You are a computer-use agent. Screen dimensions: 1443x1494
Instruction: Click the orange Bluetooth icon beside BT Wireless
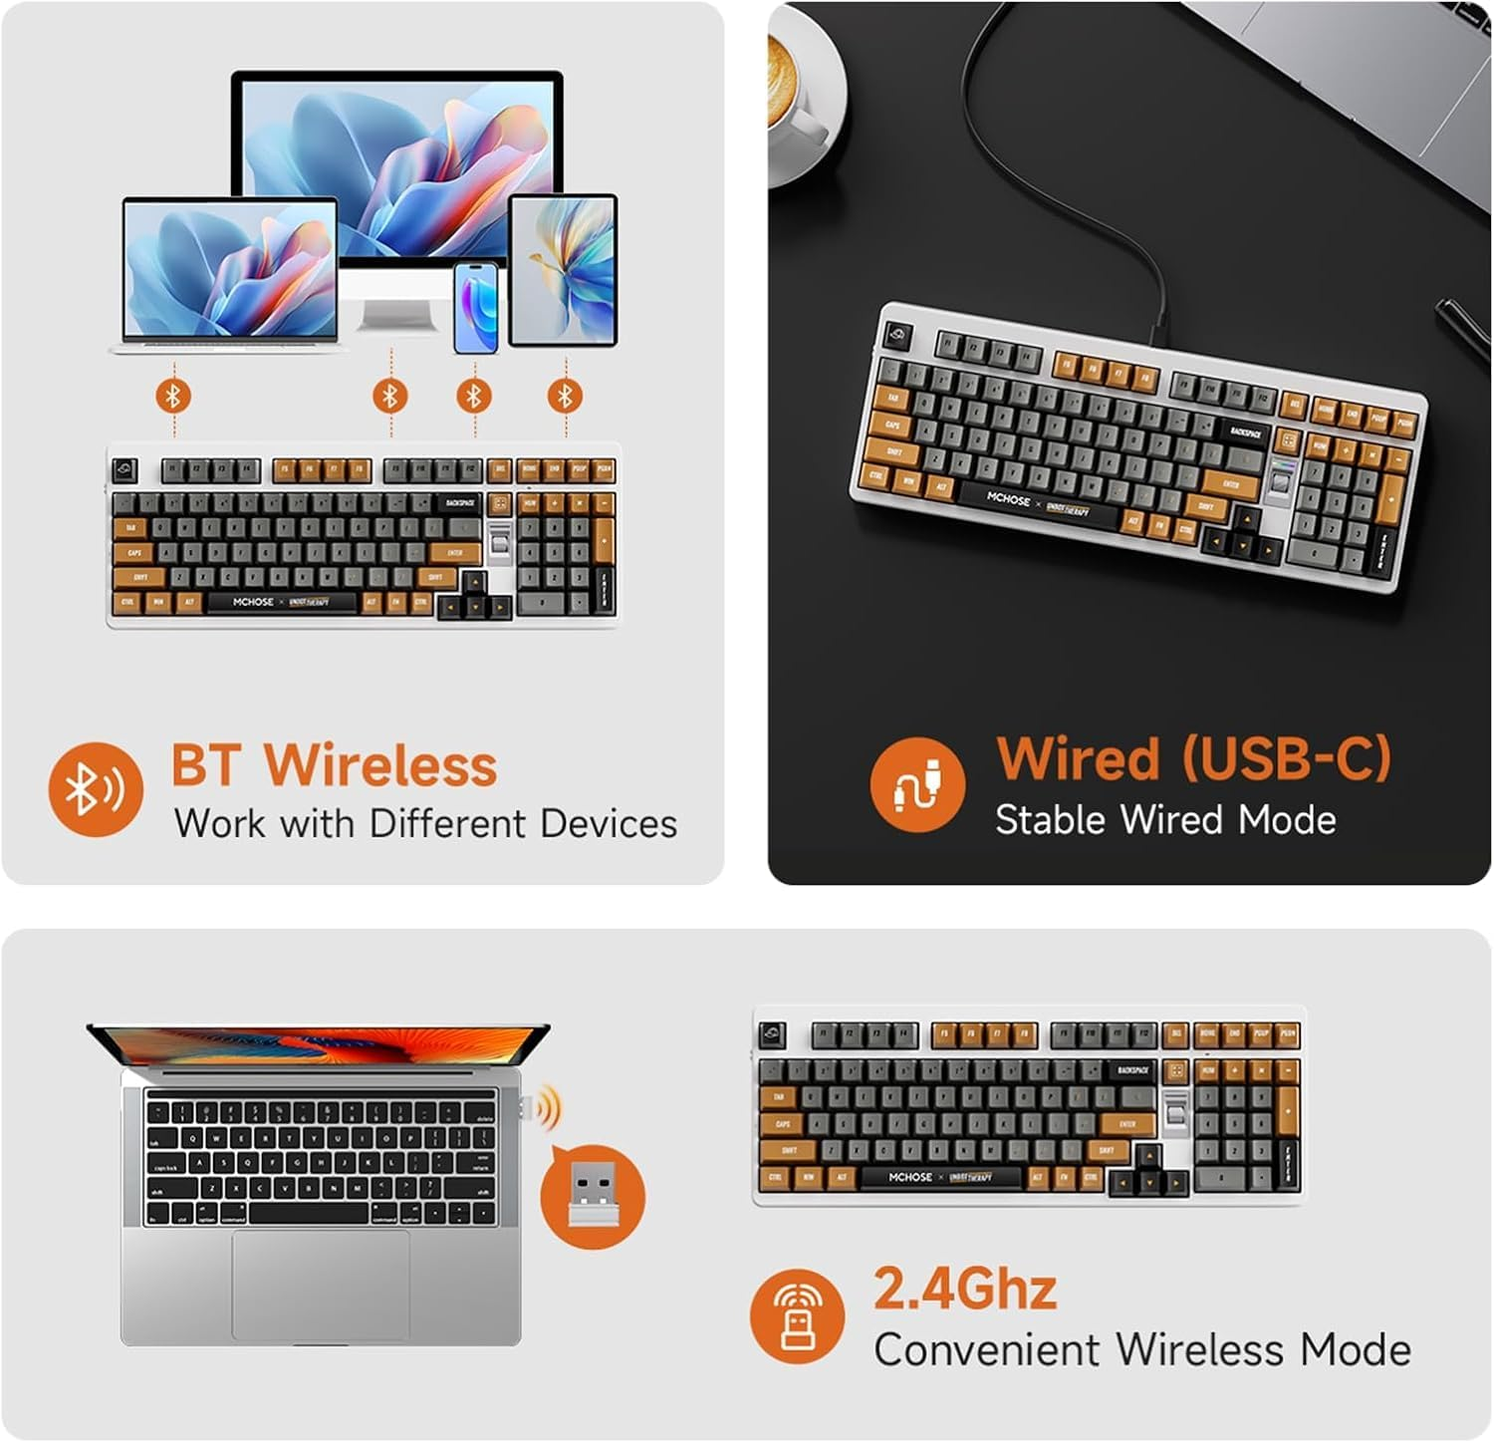pos(95,788)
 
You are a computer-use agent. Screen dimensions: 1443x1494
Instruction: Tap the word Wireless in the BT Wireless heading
pos(380,765)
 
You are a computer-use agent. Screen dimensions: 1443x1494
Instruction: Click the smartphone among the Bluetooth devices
pos(475,308)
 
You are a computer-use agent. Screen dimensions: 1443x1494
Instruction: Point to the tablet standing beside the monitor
pos(563,270)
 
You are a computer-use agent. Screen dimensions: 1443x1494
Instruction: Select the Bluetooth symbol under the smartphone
pos(474,396)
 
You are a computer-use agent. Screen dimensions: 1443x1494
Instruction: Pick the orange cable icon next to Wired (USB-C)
pos(916,784)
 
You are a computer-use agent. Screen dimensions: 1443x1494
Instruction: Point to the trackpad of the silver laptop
pos(321,1286)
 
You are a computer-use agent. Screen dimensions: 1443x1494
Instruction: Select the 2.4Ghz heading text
pos(964,1289)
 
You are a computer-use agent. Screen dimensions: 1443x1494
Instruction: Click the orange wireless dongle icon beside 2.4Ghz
pos(797,1316)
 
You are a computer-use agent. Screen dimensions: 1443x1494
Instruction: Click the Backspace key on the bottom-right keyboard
pos(1132,1070)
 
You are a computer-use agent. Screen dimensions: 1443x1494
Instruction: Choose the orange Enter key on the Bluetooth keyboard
pos(454,552)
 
